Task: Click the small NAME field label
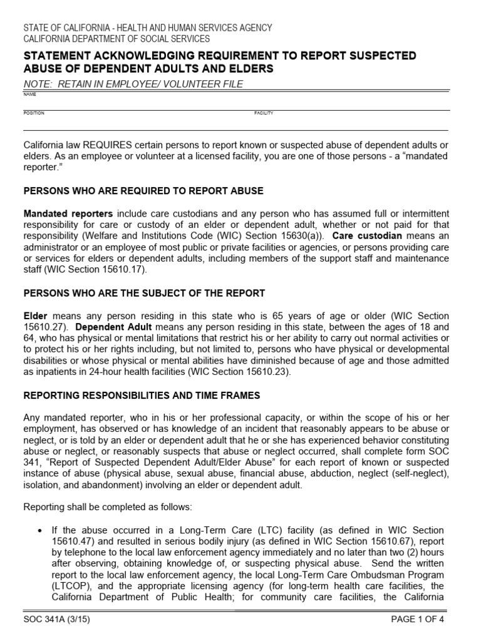tap(29, 95)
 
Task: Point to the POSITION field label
tap(34, 113)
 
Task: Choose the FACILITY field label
tap(264, 113)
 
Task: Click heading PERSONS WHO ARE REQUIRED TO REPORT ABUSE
tap(143, 190)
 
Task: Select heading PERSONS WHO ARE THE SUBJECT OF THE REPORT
tap(144, 293)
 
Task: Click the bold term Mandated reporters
tap(68, 213)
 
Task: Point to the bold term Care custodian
tap(367, 236)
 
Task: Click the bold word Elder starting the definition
tap(35, 316)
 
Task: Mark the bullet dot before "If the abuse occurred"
tap(41, 530)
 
